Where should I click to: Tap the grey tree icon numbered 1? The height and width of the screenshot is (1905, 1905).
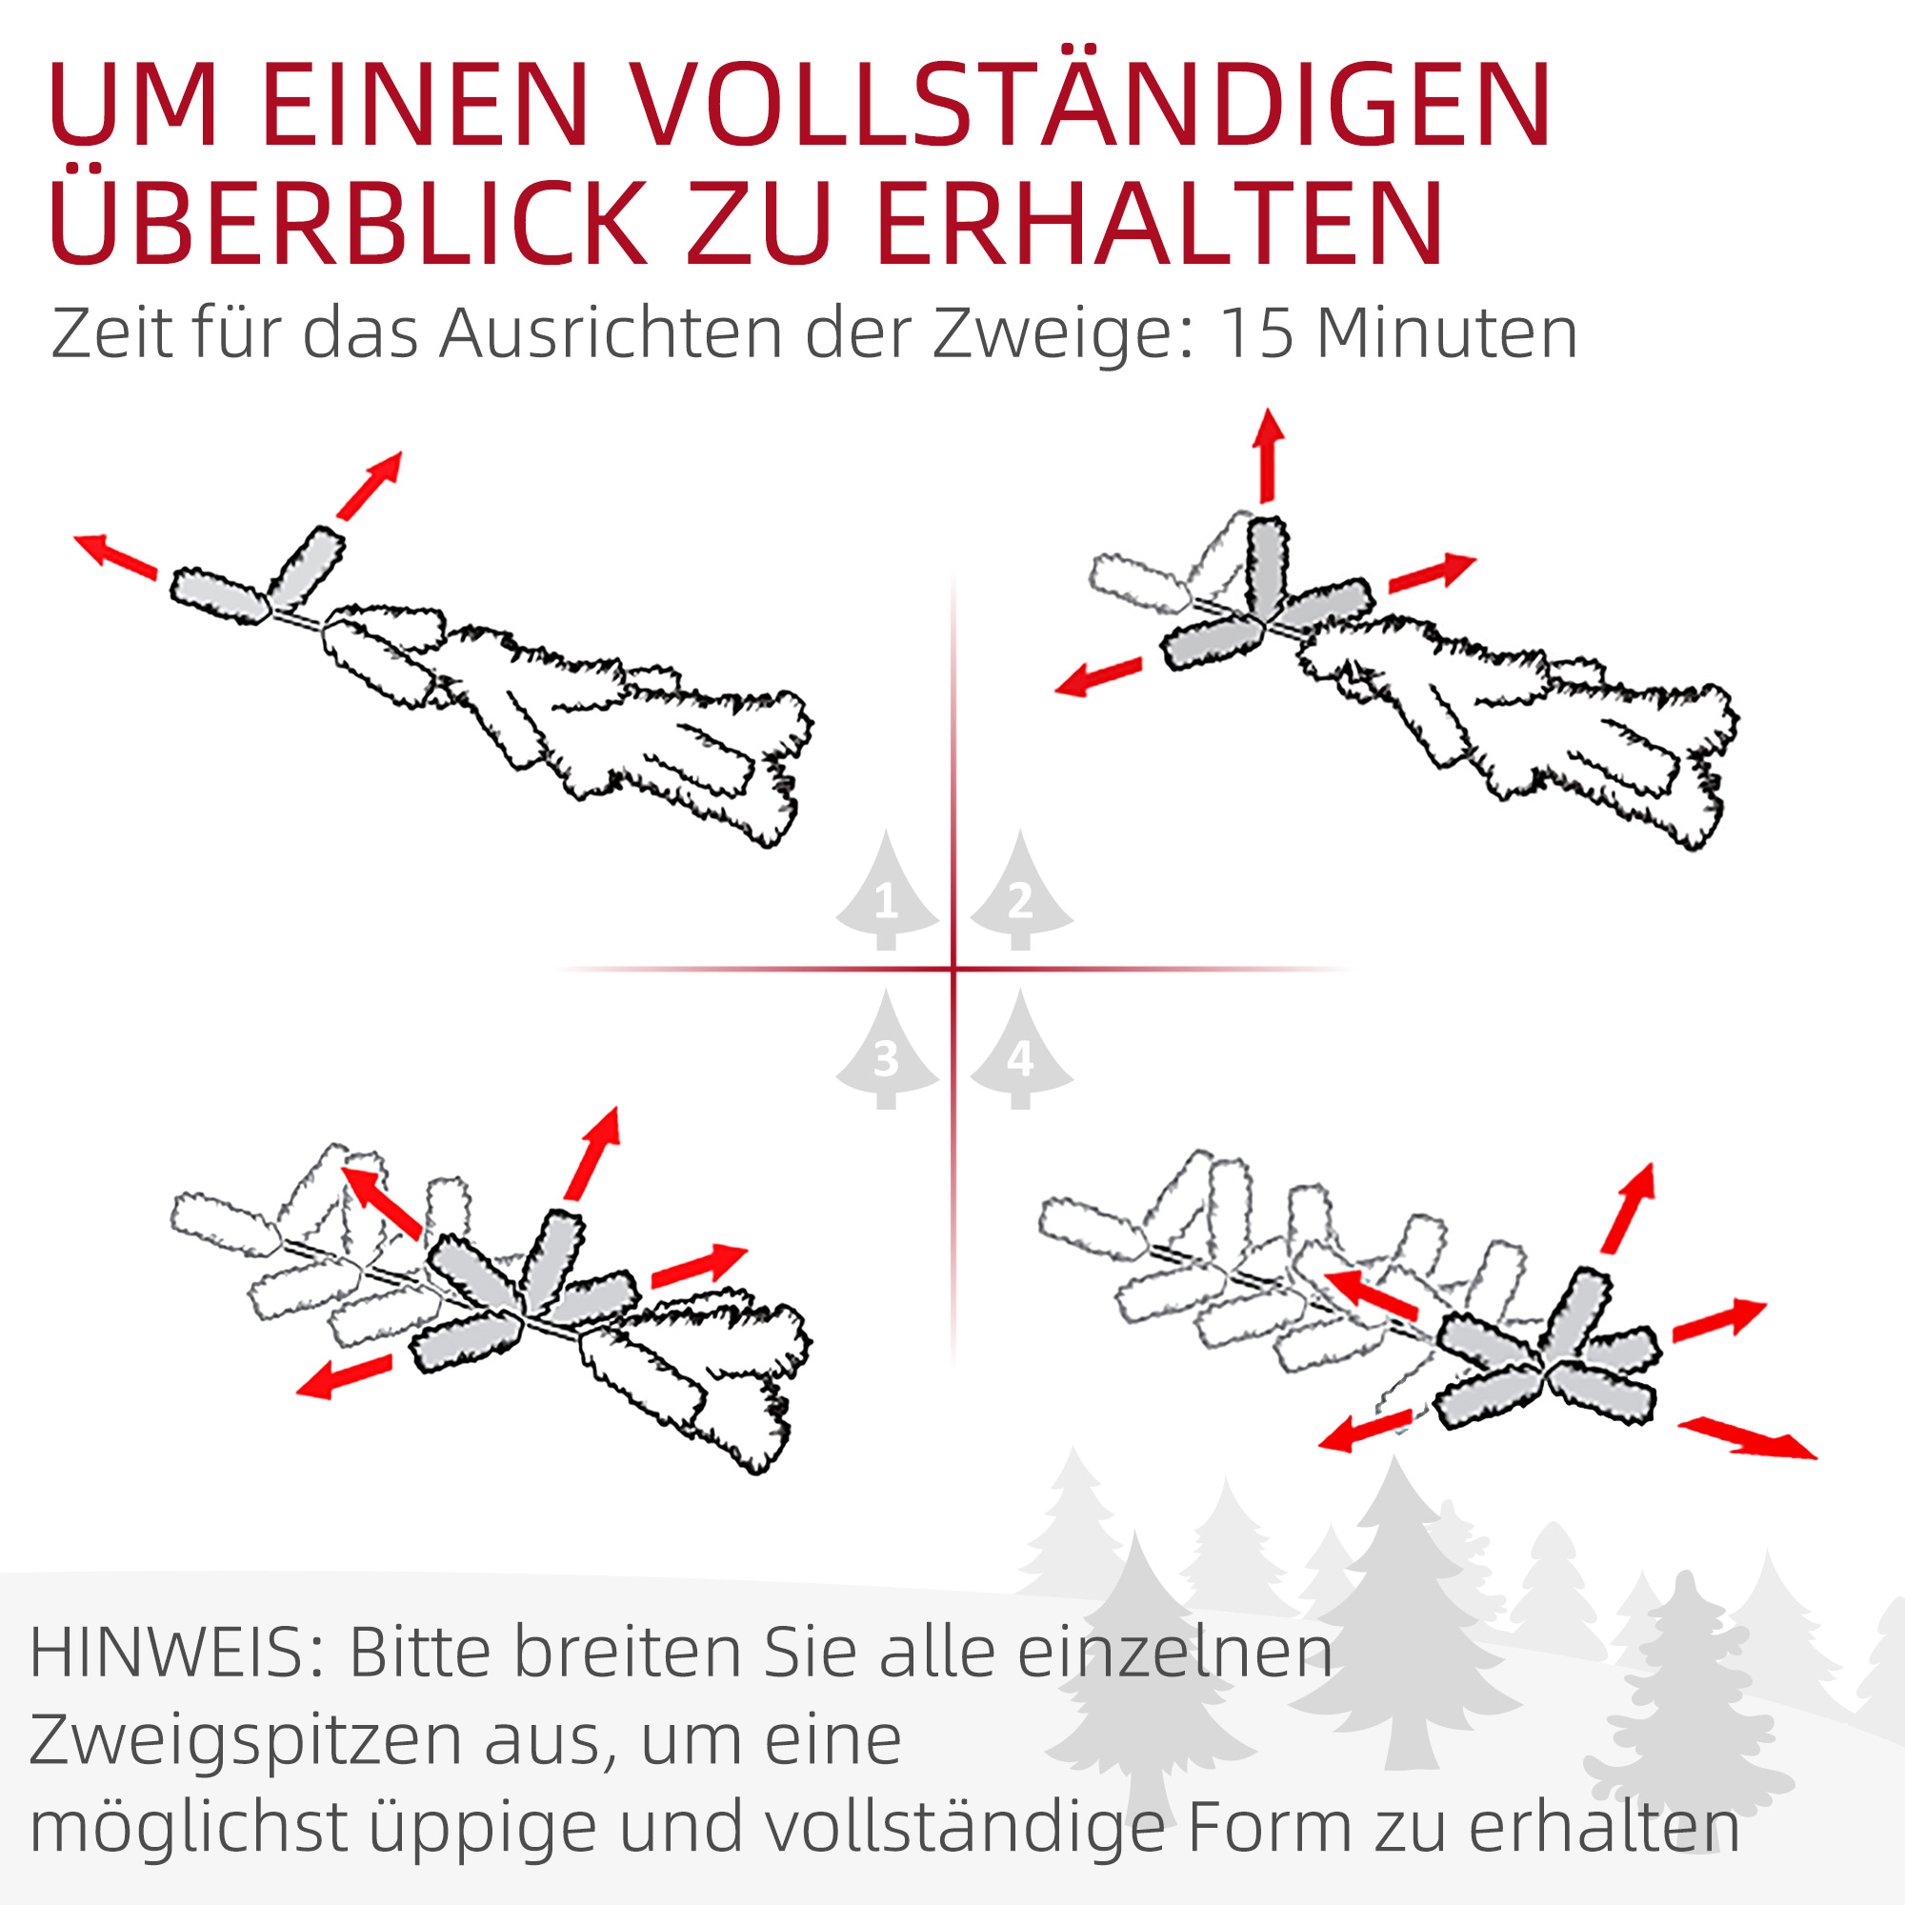click(x=886, y=892)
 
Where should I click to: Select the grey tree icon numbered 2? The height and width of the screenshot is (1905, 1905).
click(x=1020, y=892)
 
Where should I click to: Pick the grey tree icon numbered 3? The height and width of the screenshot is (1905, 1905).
click(x=886, y=1053)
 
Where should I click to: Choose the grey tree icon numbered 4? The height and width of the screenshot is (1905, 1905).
click(x=1020, y=1053)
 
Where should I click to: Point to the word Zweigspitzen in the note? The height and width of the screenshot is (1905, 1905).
click(x=246, y=1742)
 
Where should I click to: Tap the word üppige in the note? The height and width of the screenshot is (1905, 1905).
click(x=482, y=1830)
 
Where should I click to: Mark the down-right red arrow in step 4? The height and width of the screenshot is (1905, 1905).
click(x=1746, y=1438)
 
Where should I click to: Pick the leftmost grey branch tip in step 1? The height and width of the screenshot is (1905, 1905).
click(x=220, y=594)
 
